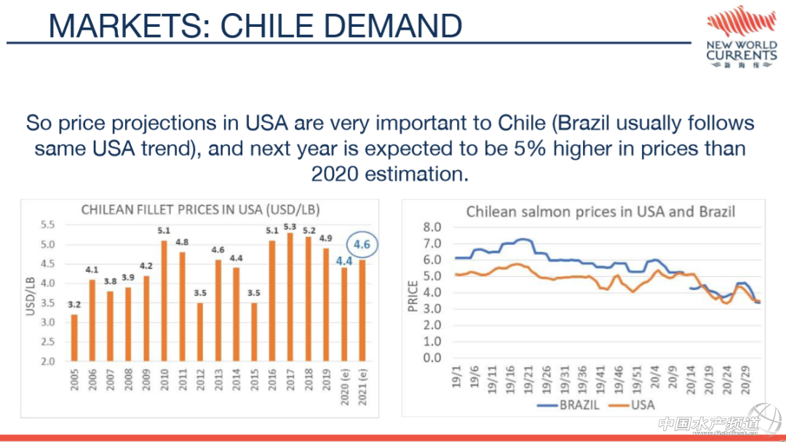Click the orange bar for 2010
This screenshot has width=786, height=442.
coord(164,300)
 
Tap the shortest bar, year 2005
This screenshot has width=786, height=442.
coord(74,337)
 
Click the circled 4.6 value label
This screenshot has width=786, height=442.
coord(362,244)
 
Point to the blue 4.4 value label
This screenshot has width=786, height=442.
coord(344,260)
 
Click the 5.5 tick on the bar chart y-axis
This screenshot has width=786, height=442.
coord(47,225)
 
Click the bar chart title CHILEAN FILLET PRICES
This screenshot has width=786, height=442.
coord(200,209)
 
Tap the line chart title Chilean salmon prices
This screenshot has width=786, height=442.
coord(600,212)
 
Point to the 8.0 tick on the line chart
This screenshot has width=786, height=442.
coord(432,228)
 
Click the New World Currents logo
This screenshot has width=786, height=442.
coord(741,38)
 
